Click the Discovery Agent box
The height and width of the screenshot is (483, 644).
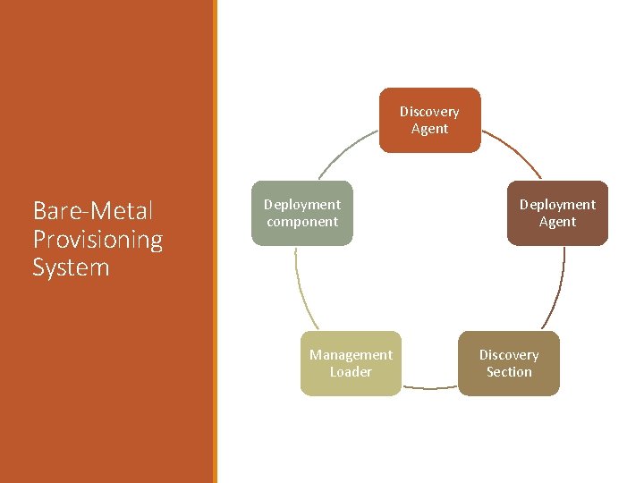click(x=429, y=120)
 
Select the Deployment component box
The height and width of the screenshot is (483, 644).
click(x=302, y=213)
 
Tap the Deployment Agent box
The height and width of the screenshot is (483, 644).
click(x=557, y=213)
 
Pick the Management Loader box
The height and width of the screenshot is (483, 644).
click(x=351, y=363)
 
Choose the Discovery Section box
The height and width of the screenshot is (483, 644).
click(x=509, y=363)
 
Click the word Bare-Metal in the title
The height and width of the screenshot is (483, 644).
click(x=93, y=211)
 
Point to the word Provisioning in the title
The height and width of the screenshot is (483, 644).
click(x=97, y=239)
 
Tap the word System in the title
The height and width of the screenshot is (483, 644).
click(x=71, y=267)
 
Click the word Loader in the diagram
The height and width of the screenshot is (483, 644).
click(x=351, y=372)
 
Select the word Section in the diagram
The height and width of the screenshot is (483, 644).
click(x=509, y=372)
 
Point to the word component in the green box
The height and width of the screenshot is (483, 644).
click(x=302, y=222)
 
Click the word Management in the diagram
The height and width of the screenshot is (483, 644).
click(x=351, y=355)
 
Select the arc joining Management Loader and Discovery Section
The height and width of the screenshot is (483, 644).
click(x=429, y=387)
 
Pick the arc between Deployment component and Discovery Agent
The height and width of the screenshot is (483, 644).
click(x=344, y=152)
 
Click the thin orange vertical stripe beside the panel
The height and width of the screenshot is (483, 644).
click(x=215, y=241)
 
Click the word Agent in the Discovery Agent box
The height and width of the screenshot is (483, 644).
click(x=429, y=129)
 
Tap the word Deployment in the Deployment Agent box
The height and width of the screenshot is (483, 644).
click(x=557, y=205)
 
